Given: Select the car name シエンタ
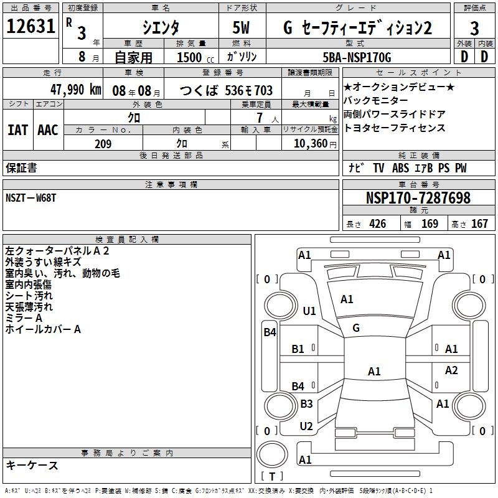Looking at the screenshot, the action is (160, 28).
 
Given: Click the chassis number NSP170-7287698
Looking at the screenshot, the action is (418, 199).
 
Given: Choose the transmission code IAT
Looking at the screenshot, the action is (18, 129).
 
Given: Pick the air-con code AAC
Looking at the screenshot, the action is (48, 129).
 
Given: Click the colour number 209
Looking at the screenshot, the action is (103, 144).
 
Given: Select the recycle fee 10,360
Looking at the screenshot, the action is (309, 144).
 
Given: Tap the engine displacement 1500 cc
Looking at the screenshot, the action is (191, 58).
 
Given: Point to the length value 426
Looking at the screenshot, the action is (377, 224).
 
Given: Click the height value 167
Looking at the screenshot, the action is (479, 224).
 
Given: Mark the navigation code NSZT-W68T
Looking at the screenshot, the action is (31, 197).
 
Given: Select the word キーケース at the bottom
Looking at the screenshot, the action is (32, 465).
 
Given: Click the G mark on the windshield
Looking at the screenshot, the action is (356, 327).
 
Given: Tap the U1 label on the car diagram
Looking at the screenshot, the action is (309, 311).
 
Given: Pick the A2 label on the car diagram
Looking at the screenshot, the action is (451, 370).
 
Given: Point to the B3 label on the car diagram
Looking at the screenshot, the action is (306, 404).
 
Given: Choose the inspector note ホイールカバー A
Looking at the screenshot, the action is (43, 329).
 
